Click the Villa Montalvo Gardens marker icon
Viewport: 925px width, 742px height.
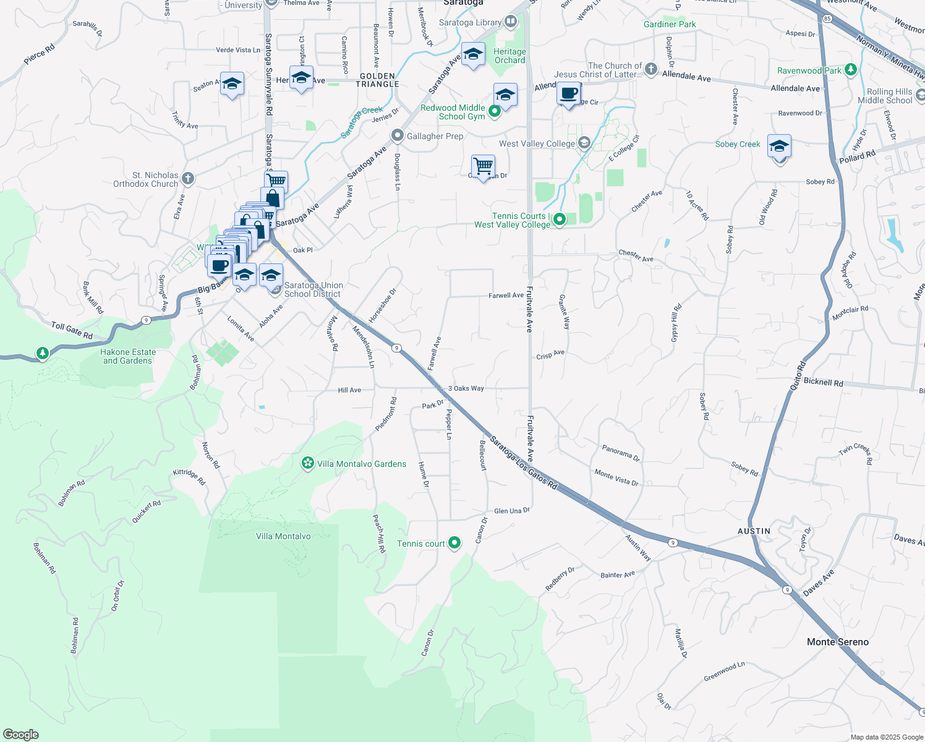tap(307, 463)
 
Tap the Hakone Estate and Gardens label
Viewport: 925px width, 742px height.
tap(128, 356)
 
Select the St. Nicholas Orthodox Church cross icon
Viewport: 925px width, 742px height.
tap(188, 179)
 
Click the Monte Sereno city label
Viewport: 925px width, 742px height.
tap(837, 642)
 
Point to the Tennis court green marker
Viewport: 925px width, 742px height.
tap(454, 543)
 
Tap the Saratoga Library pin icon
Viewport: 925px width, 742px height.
tap(510, 22)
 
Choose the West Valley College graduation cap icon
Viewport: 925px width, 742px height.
tap(583, 143)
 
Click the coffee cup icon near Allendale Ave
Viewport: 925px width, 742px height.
tap(568, 93)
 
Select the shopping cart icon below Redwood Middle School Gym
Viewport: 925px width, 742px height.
tap(483, 166)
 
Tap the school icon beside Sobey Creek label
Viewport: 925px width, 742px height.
tap(779, 147)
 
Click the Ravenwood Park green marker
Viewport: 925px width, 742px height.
tap(850, 70)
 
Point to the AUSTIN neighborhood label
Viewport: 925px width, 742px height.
tap(754, 531)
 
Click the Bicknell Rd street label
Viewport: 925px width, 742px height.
tap(823, 383)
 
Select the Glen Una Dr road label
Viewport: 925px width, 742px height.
tap(512, 511)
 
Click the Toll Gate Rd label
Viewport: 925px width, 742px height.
tap(72, 330)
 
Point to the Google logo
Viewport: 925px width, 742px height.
tap(21, 734)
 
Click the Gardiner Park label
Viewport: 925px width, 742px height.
tap(670, 24)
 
